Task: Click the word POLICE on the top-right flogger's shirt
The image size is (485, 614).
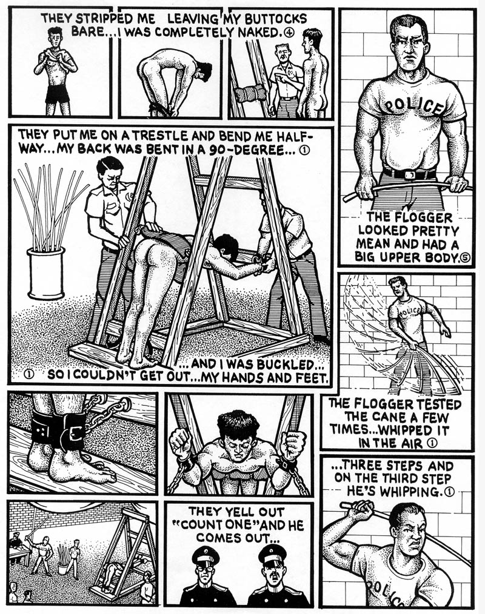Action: (x=415, y=105)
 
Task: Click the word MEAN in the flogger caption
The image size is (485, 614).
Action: (x=373, y=244)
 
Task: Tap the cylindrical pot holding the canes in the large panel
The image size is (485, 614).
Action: (x=46, y=273)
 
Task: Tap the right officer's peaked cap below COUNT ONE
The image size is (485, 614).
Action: (x=272, y=553)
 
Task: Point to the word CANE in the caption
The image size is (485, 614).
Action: (x=396, y=417)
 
